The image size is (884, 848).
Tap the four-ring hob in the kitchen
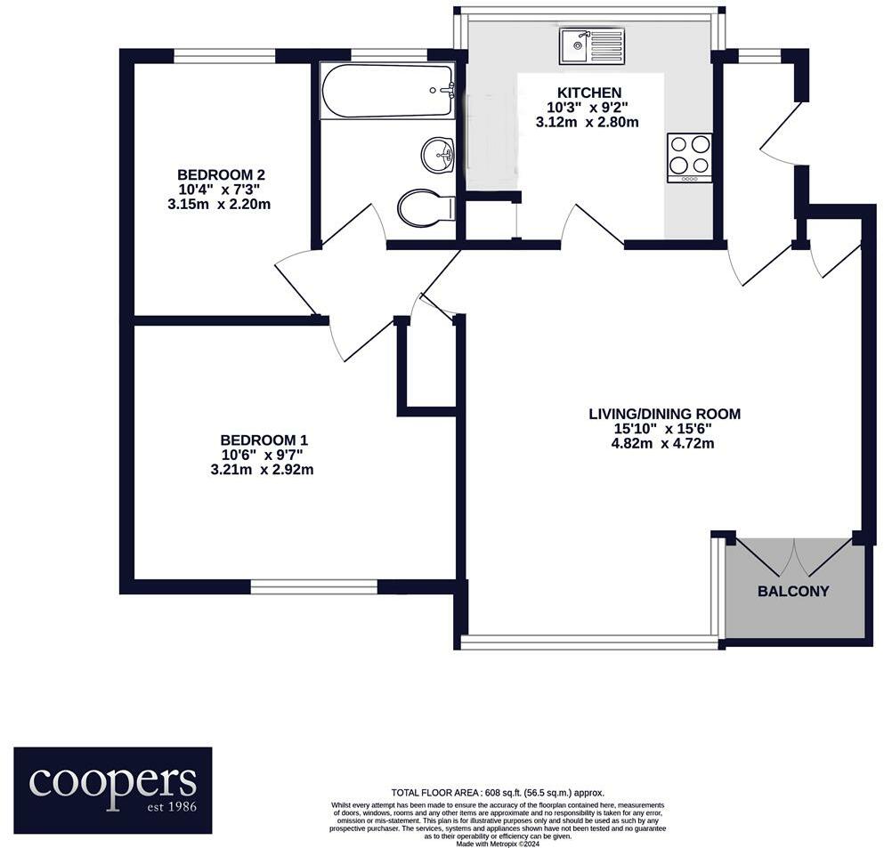689,157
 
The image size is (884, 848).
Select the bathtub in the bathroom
388,90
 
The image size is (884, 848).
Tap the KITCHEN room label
588,93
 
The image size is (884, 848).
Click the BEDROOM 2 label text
221,174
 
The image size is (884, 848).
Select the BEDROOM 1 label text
264,440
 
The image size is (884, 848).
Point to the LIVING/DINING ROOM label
664,414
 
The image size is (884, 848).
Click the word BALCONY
793,591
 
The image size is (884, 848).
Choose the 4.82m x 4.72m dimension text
664,442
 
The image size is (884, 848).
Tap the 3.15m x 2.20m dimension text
219,204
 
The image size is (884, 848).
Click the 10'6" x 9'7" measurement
263,455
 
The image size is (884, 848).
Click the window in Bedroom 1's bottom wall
314,587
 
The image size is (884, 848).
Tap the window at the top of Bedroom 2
224,56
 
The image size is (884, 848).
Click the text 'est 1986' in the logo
166,807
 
